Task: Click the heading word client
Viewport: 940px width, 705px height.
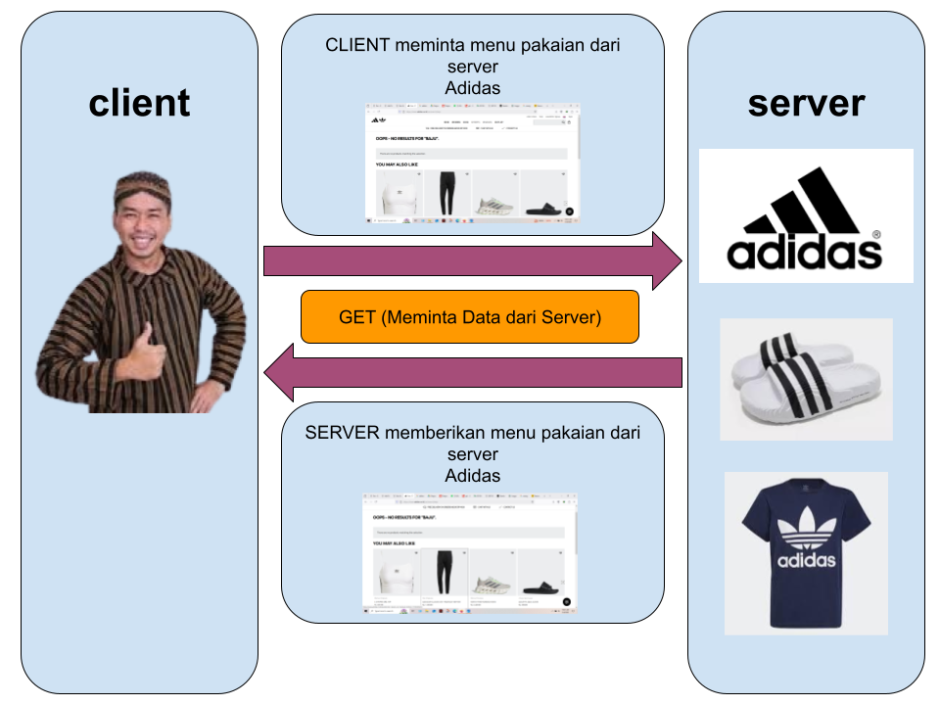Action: pyautogui.click(x=139, y=103)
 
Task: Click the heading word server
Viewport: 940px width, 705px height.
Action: pyautogui.click(x=806, y=103)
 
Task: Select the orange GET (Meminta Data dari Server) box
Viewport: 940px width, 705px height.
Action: pyautogui.click(x=469, y=317)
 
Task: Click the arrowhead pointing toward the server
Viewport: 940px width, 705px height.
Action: pyautogui.click(x=668, y=261)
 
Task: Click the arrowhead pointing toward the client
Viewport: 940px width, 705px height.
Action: pyautogui.click(x=278, y=372)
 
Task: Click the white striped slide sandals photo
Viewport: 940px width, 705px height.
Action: pyautogui.click(x=806, y=378)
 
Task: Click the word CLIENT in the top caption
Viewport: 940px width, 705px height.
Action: pyautogui.click(x=358, y=45)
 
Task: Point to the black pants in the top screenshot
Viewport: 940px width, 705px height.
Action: pyautogui.click(x=447, y=194)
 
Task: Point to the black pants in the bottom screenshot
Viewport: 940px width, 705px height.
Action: pyautogui.click(x=446, y=572)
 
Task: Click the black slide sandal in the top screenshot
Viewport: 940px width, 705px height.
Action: pyautogui.click(x=544, y=208)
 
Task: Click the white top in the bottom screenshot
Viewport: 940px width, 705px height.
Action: pyautogui.click(x=397, y=578)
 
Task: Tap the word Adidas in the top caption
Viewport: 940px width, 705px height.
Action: pyautogui.click(x=472, y=88)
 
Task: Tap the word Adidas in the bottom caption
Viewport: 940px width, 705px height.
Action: pyautogui.click(x=472, y=476)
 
